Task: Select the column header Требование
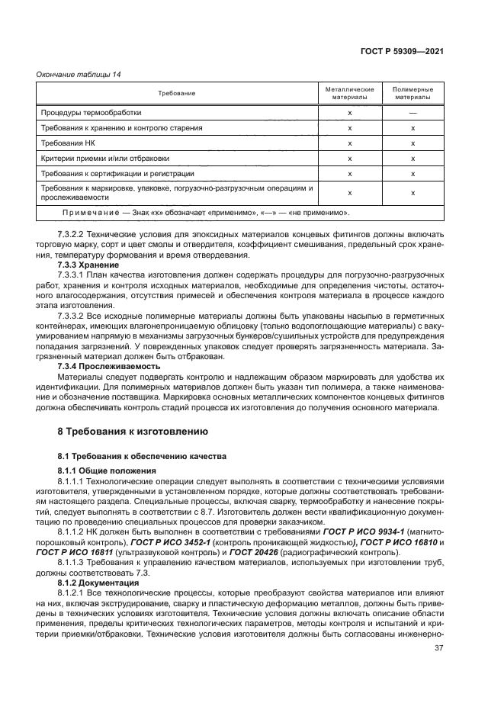(x=177, y=93)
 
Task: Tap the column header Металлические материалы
(x=349, y=93)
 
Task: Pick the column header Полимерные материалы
(x=413, y=93)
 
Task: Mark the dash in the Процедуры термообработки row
(x=413, y=112)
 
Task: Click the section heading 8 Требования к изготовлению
(x=123, y=431)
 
